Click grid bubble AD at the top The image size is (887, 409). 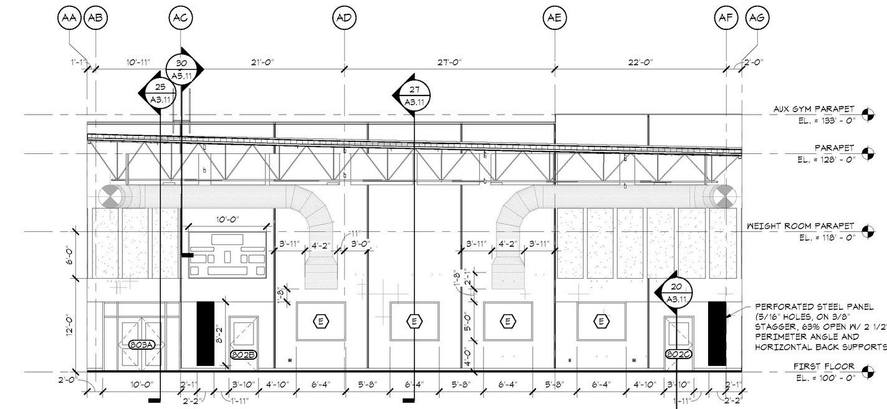(x=344, y=17)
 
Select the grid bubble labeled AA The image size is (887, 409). (x=69, y=17)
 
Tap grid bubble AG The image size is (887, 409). (x=757, y=17)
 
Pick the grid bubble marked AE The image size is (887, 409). (x=555, y=17)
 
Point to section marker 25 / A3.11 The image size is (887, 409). (x=160, y=93)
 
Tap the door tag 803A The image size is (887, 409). (x=141, y=345)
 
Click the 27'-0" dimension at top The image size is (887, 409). (x=449, y=62)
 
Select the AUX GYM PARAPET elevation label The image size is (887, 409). (x=813, y=109)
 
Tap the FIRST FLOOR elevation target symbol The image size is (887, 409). (x=866, y=372)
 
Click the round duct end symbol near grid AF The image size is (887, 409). (x=723, y=196)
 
